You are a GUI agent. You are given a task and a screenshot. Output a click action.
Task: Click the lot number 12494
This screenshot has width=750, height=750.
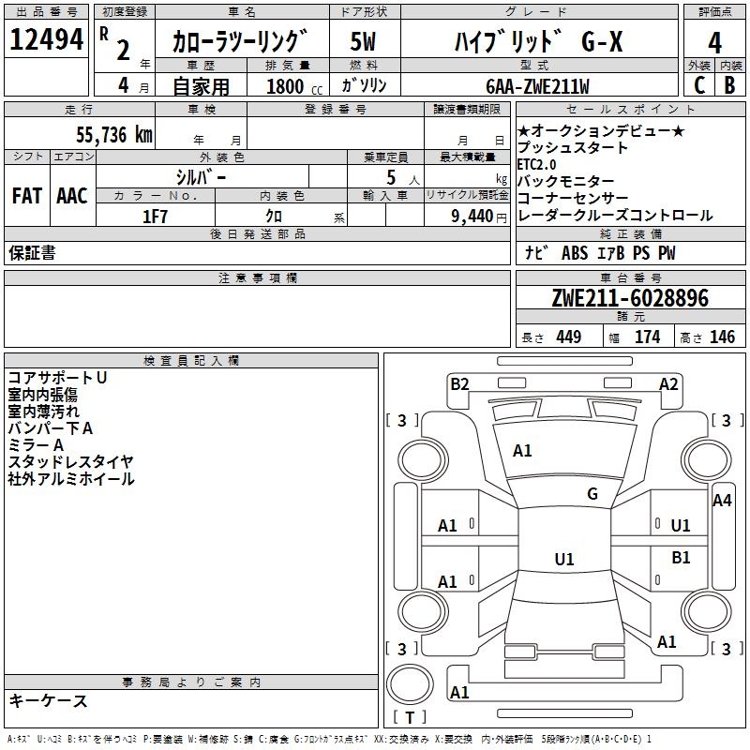pyautogui.click(x=46, y=39)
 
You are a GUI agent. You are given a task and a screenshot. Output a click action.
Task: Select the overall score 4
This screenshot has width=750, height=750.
pyautogui.click(x=714, y=43)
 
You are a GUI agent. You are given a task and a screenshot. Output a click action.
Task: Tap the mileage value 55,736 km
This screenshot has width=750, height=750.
pyautogui.click(x=114, y=135)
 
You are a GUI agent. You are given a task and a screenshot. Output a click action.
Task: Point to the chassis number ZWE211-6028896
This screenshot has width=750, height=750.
pyautogui.click(x=630, y=298)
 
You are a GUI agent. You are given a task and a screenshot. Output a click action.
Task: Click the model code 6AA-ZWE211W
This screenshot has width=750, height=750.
pyautogui.click(x=537, y=86)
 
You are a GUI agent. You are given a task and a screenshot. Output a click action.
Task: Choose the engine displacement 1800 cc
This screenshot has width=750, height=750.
pyautogui.click(x=294, y=87)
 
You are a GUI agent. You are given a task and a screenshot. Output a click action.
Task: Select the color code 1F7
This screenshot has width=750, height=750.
pyautogui.click(x=155, y=217)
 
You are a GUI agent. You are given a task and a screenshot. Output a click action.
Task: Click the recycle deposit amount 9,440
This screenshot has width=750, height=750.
pyautogui.click(x=472, y=217)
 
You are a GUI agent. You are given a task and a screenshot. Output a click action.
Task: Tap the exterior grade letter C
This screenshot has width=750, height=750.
pyautogui.click(x=699, y=85)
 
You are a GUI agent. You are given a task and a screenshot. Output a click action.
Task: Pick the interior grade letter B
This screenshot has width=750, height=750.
pyautogui.click(x=729, y=85)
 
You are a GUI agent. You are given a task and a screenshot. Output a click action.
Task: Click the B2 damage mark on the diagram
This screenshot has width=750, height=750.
pyautogui.click(x=459, y=384)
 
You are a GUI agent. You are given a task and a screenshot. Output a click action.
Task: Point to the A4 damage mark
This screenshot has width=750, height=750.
pyautogui.click(x=722, y=501)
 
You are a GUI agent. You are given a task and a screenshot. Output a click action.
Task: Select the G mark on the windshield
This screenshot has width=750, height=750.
pyautogui.click(x=592, y=494)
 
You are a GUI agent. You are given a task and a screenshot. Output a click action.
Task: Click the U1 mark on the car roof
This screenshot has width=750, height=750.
pyautogui.click(x=564, y=559)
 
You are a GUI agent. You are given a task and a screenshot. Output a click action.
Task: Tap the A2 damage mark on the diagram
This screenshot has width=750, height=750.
pyautogui.click(x=668, y=384)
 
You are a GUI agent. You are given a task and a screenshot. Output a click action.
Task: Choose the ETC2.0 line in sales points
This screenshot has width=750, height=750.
pyautogui.click(x=536, y=165)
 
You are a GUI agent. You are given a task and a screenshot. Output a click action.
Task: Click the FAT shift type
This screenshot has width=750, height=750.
pyautogui.click(x=27, y=196)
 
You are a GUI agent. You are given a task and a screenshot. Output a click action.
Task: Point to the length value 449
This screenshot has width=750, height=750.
pyautogui.click(x=569, y=337)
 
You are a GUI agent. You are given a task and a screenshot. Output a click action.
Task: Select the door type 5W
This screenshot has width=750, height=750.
pyautogui.click(x=363, y=41)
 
